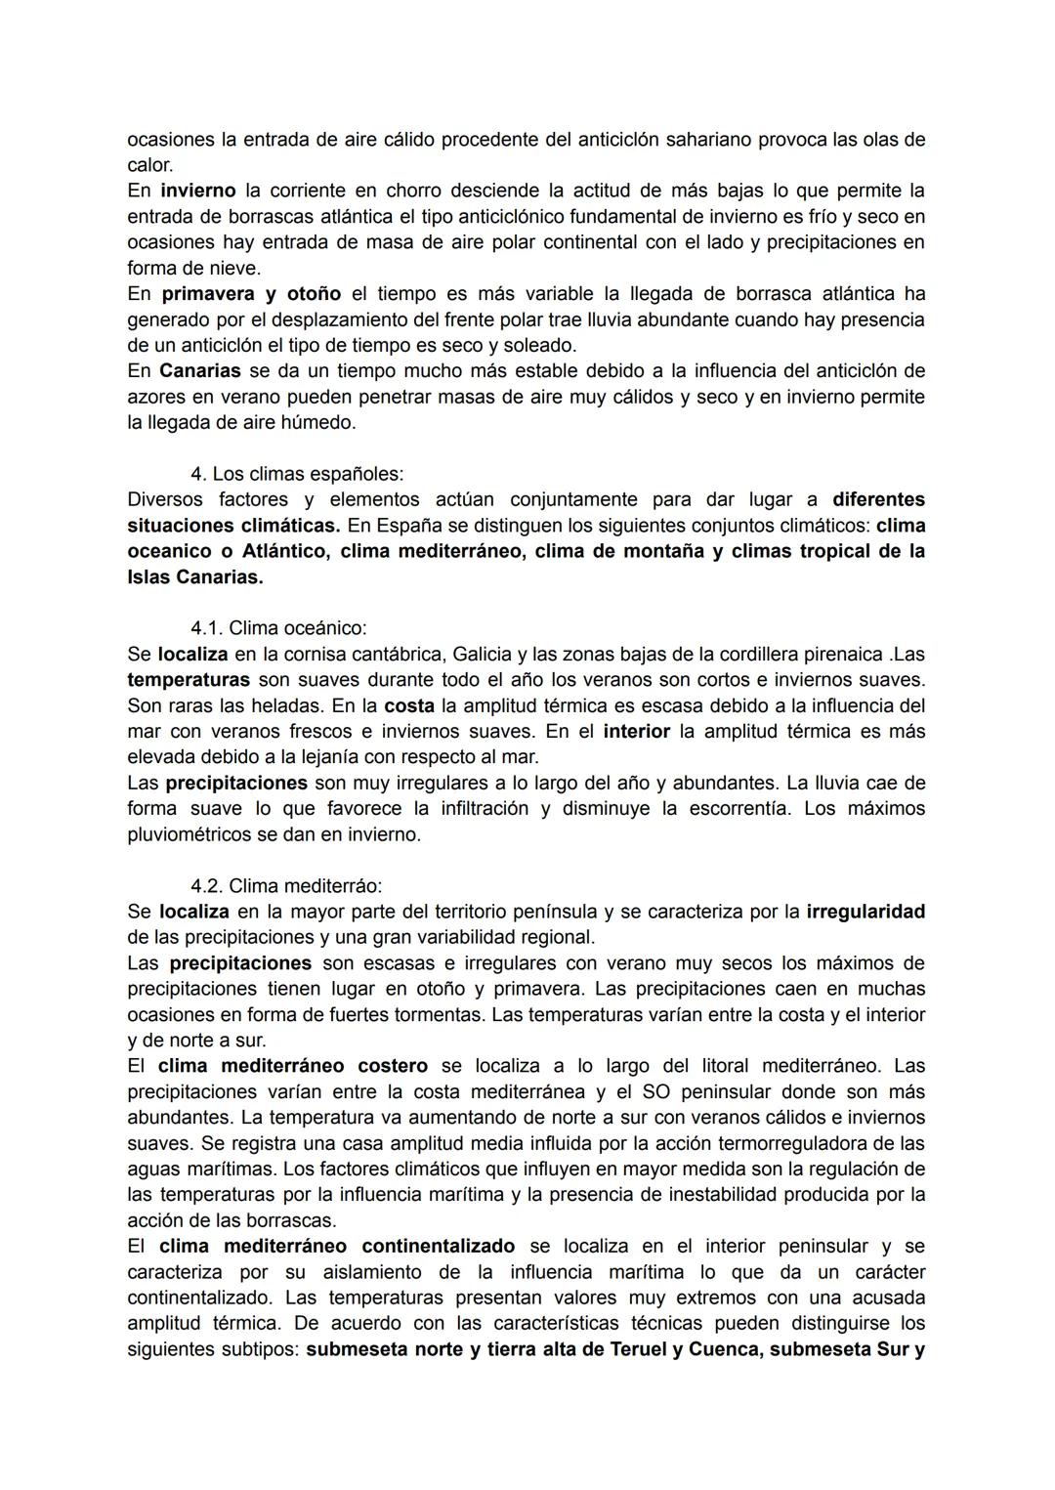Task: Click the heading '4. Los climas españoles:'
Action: pyautogui.click(x=296, y=474)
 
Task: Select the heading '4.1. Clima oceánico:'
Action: pyautogui.click(x=278, y=628)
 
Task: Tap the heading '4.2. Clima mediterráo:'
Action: pyautogui.click(x=286, y=886)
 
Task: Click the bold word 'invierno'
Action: pyautogui.click(x=198, y=191)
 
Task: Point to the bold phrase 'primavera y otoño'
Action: pyautogui.click(x=251, y=294)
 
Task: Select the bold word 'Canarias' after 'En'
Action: pyautogui.click(x=200, y=371)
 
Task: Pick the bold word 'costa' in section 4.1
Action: pyautogui.click(x=409, y=705)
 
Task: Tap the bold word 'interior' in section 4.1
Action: pyautogui.click(x=637, y=731)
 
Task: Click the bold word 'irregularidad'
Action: pyautogui.click(x=865, y=912)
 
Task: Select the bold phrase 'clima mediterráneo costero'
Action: pyautogui.click(x=293, y=1066)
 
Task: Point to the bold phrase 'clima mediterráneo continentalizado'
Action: pyautogui.click(x=337, y=1247)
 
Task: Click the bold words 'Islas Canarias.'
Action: pyautogui.click(x=195, y=577)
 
